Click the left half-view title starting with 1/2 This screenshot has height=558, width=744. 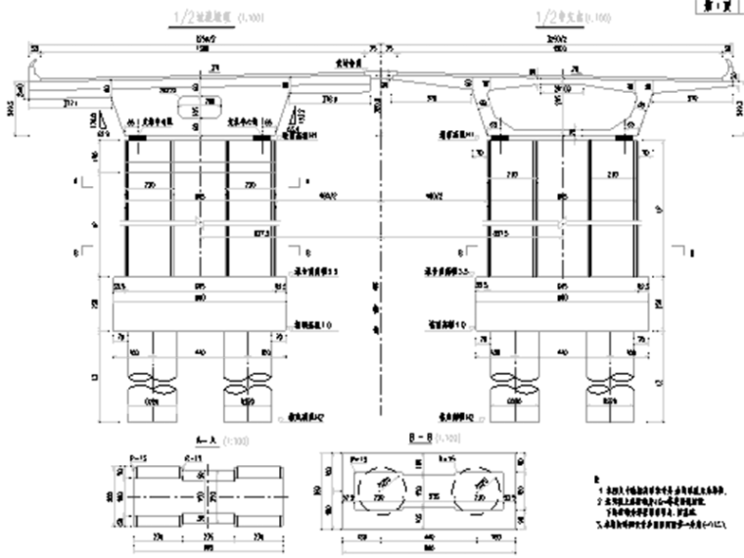tap(200, 18)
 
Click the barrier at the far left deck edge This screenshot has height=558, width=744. tap(37, 72)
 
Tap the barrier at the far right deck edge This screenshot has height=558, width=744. tap(726, 72)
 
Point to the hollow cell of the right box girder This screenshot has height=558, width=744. tap(559, 102)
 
